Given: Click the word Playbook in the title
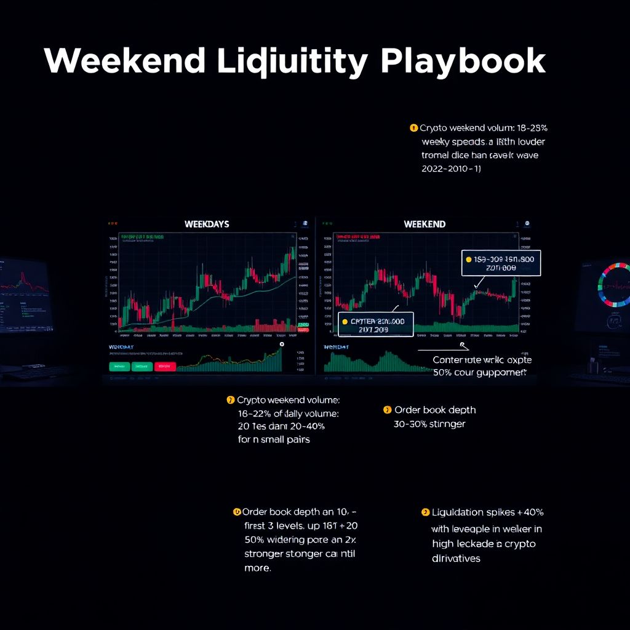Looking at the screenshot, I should (x=463, y=61).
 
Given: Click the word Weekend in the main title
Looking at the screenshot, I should (x=124, y=61).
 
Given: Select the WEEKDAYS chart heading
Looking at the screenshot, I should (x=207, y=225).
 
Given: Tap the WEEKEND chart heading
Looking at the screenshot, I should (x=425, y=225).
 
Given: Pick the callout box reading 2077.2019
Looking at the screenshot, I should (x=376, y=325).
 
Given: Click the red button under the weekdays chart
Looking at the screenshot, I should (x=165, y=366).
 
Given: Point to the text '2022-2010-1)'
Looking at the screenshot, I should (x=451, y=169).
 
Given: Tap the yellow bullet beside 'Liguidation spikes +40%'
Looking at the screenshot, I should (x=425, y=512).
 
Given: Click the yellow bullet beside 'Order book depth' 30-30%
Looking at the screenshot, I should (x=387, y=410).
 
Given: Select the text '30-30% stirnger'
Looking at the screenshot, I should (x=429, y=424).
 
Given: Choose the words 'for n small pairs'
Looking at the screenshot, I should (x=274, y=440).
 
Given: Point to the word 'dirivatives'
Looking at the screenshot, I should (x=456, y=559).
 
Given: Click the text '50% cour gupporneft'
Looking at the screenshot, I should (x=480, y=373).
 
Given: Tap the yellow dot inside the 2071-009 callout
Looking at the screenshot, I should (x=469, y=259).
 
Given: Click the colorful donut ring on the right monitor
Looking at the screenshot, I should (x=613, y=285).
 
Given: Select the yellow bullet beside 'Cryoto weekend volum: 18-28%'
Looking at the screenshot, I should (x=413, y=128).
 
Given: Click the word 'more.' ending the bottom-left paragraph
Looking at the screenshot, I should (x=257, y=568).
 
